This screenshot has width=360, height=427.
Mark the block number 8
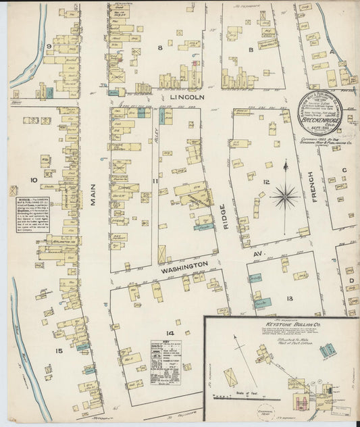pyautogui.click(x=160, y=48)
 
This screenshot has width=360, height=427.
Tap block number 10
pyautogui.click(x=33, y=180)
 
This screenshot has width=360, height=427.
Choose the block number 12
pyautogui.click(x=267, y=182)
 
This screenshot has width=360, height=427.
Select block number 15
pyautogui.click(x=59, y=350)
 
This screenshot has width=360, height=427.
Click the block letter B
pyautogui.click(x=250, y=49)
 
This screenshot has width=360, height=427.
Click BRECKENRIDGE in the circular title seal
pyautogui.click(x=322, y=107)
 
